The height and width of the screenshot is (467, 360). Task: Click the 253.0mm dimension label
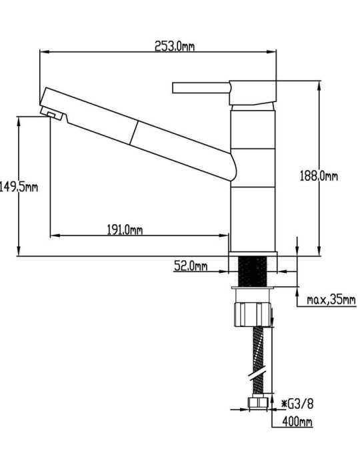coord(175,46)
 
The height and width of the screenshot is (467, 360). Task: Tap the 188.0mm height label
coord(319,176)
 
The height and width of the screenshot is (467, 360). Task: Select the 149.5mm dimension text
coord(19,187)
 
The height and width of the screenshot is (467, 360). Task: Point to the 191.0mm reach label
coord(125,229)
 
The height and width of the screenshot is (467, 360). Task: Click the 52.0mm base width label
coord(191,266)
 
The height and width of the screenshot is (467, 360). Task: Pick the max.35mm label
coord(331,300)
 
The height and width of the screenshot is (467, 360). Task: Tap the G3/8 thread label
coord(297,404)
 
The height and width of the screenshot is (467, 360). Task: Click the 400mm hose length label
coord(297,422)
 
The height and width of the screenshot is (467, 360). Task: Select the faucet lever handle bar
coord(201,88)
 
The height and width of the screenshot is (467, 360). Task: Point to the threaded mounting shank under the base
coord(253,272)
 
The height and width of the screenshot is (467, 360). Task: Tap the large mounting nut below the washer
coord(253,315)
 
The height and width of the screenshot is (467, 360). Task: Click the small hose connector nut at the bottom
coord(258,402)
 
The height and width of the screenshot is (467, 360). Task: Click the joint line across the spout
coord(133,133)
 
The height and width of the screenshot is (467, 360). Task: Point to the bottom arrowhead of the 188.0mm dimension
coord(319,251)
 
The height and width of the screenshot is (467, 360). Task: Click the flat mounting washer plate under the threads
coord(253,288)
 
